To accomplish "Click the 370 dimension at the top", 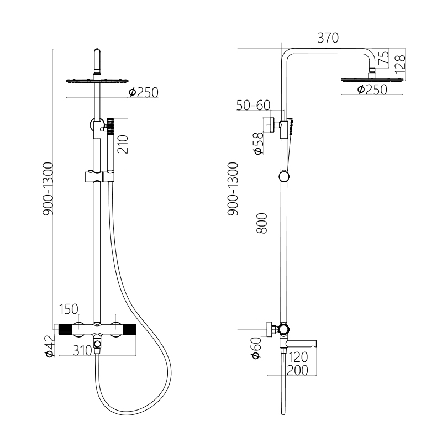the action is (328, 38).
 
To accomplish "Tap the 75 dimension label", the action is (383, 59).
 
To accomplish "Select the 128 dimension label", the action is (400, 62).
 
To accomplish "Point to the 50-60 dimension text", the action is (253, 105).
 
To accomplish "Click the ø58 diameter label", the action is (258, 143).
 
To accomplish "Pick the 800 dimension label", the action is (262, 223).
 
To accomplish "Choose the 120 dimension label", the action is (298, 357).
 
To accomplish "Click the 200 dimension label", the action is (297, 370).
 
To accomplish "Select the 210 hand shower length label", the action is (123, 144).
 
